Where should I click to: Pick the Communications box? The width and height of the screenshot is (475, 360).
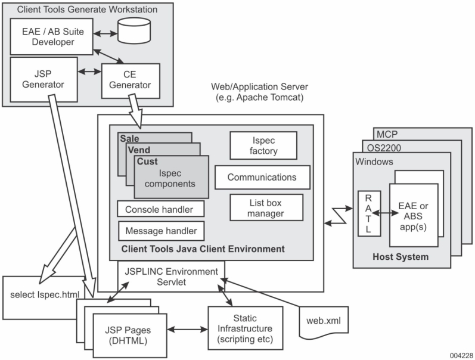[261, 177]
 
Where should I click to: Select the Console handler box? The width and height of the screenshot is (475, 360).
[160, 209]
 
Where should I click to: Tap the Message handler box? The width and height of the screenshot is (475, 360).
[161, 230]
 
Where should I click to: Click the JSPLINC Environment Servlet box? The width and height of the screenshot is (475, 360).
[171, 275]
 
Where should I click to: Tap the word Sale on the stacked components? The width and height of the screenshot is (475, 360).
[129, 138]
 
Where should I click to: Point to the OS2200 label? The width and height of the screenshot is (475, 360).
[379, 147]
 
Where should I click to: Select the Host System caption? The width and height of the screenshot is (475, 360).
[400, 257]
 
